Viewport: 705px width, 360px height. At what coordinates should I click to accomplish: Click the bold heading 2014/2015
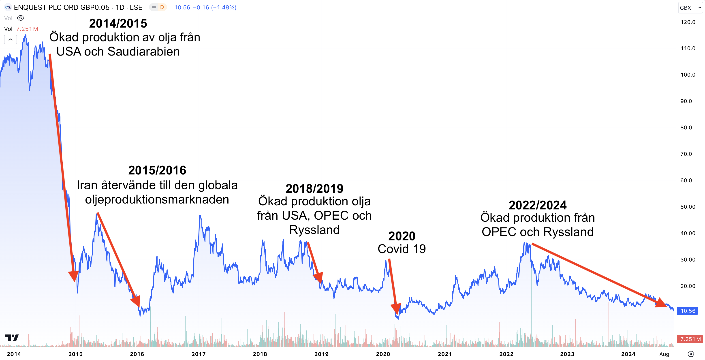point(118,24)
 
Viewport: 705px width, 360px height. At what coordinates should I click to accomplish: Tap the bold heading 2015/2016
point(157,170)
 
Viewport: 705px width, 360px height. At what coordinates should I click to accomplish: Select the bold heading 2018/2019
point(314,189)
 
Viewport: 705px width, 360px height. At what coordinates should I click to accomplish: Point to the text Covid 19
point(402,249)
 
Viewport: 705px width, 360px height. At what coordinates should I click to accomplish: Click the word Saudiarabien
point(143,52)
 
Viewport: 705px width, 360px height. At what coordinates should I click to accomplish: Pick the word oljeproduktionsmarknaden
point(157,199)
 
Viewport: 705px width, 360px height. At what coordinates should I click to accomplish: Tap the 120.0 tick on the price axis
point(688,22)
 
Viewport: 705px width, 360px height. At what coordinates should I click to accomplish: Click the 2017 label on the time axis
point(199,354)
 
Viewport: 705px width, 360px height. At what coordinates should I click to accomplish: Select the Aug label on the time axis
point(664,354)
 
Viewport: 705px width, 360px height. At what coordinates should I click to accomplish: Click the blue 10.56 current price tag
point(688,311)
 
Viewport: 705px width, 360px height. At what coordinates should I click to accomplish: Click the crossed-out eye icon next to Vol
point(21,18)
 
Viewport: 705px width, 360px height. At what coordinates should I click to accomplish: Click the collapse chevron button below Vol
point(10,40)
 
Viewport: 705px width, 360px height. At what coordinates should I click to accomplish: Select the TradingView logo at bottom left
point(12,338)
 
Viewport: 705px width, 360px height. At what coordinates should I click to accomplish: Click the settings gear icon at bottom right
point(691,354)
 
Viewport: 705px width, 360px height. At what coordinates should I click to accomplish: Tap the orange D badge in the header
point(162,7)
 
